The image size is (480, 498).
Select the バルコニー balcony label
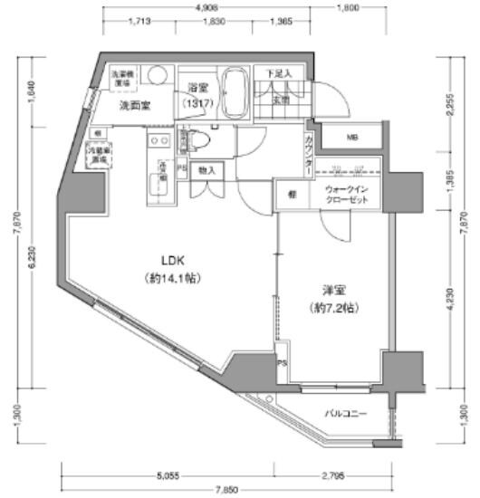pos(347,413)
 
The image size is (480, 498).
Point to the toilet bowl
pos(197,141)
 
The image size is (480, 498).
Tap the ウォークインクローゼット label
pos(347,194)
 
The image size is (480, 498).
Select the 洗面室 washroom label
pos(136,105)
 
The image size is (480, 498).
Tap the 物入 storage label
pos(206,170)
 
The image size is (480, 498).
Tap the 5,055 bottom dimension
pos(167,472)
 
